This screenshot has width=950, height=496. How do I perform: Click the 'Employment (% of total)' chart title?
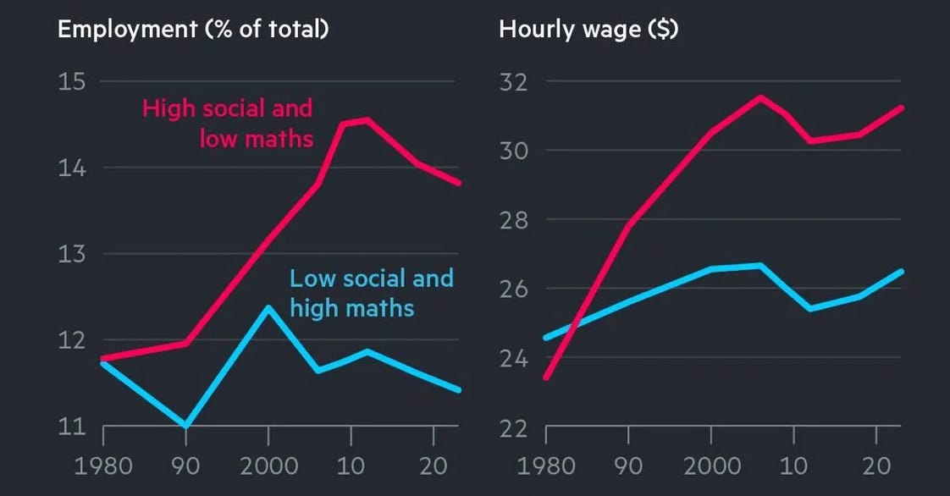click(x=193, y=29)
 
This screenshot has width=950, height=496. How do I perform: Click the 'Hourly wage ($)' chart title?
click(x=588, y=29)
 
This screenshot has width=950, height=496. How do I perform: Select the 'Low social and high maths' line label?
click(x=371, y=292)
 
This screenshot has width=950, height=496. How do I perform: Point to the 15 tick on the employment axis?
click(x=71, y=81)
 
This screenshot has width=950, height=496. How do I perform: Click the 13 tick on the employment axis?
click(x=71, y=254)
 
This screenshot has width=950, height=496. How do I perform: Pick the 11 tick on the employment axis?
click(x=71, y=426)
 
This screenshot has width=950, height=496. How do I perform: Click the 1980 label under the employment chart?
click(x=102, y=466)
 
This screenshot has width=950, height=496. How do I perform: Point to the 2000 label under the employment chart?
click(x=268, y=466)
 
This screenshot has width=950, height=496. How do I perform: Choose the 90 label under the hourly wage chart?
click(x=627, y=466)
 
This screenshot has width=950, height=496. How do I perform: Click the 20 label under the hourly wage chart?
click(x=875, y=466)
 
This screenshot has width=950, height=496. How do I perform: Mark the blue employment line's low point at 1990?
click(x=185, y=425)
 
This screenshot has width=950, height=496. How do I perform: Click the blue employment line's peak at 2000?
click(x=268, y=307)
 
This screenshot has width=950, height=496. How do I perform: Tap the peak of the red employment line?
click(x=365, y=119)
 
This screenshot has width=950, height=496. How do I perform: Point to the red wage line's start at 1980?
click(x=546, y=377)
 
